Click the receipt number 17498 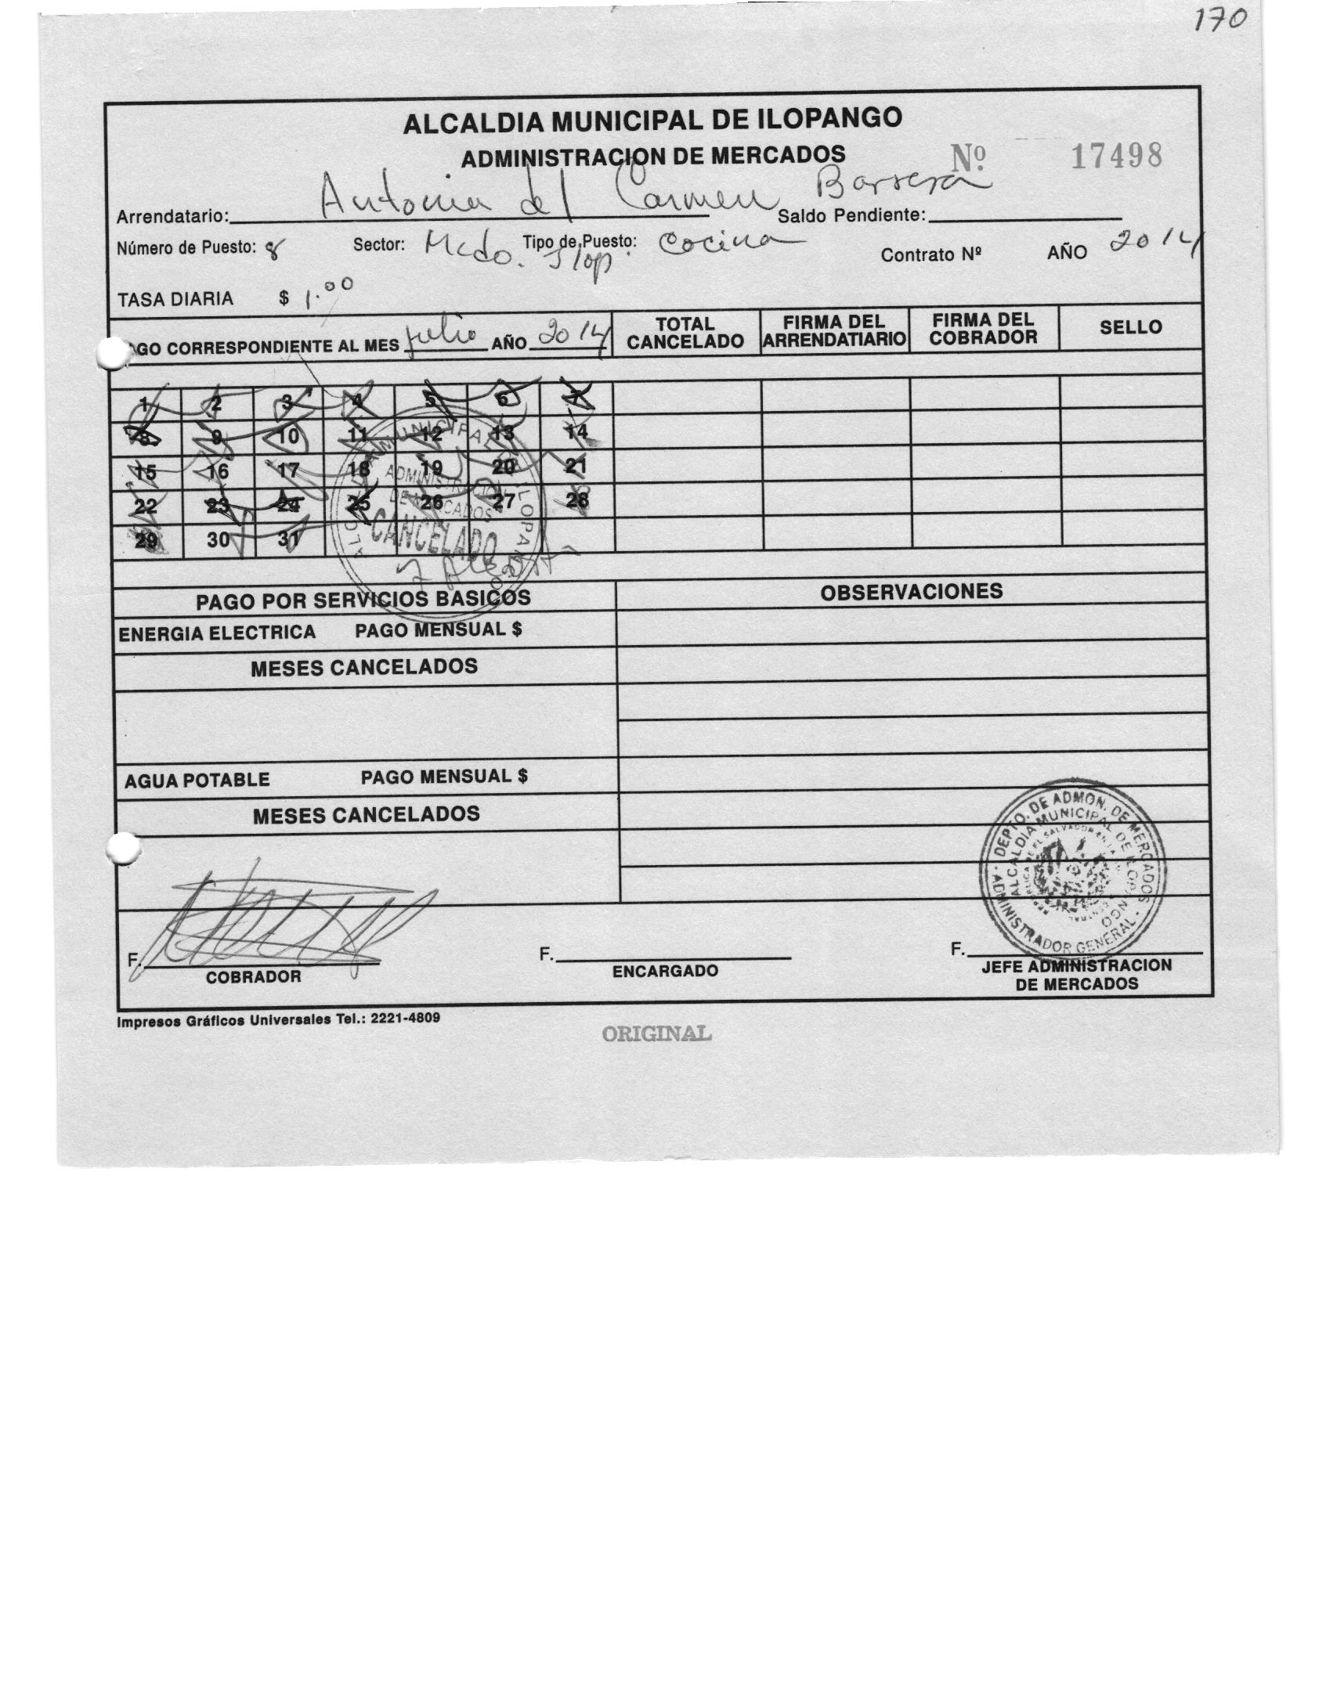(x=1115, y=157)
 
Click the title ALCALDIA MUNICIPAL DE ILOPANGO (x=652, y=120)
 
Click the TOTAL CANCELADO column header (x=685, y=333)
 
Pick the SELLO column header (x=1129, y=327)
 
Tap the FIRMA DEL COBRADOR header (x=983, y=329)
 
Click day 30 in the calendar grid (x=219, y=540)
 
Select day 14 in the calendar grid (x=576, y=431)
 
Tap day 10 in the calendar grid (x=288, y=435)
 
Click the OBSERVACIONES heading (x=911, y=591)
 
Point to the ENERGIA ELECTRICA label (x=217, y=633)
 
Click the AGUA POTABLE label (x=197, y=780)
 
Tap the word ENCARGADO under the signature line (x=665, y=971)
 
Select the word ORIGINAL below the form (x=656, y=1033)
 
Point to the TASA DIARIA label (x=175, y=299)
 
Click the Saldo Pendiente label (x=852, y=216)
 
